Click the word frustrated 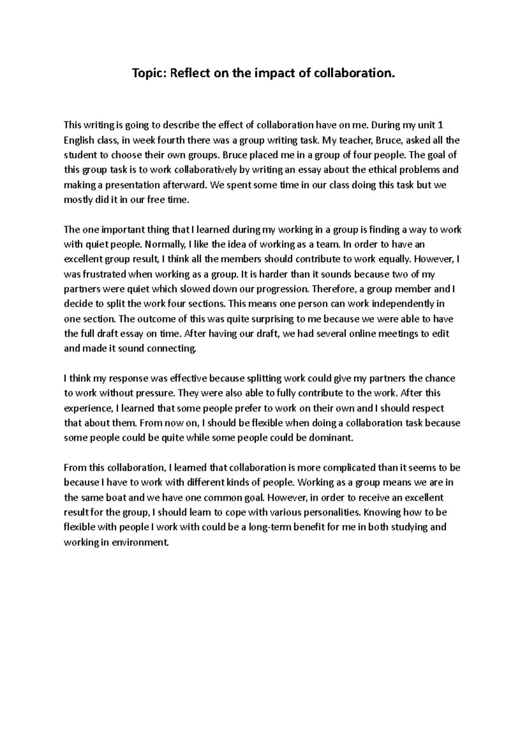pyautogui.click(x=102, y=274)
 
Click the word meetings pyautogui.click(x=400, y=334)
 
